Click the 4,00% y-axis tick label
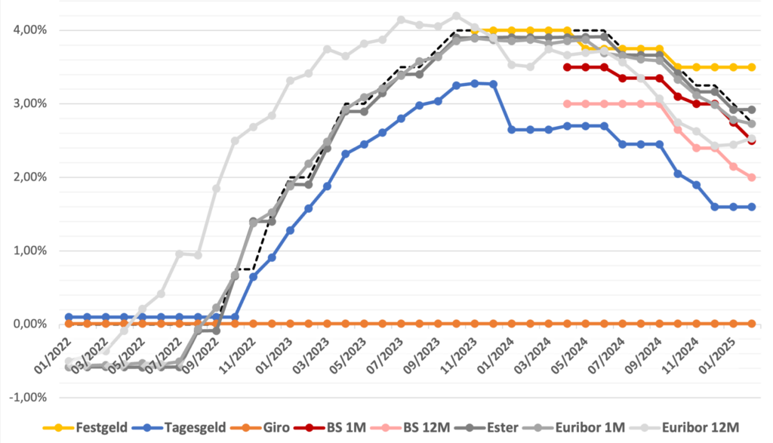(30, 30)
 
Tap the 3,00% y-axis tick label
(30, 103)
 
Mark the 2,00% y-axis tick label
(30, 177)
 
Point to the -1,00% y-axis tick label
(29, 398)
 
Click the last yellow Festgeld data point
(751, 67)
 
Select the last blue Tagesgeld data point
(751, 207)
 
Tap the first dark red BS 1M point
(567, 67)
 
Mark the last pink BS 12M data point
(751, 177)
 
